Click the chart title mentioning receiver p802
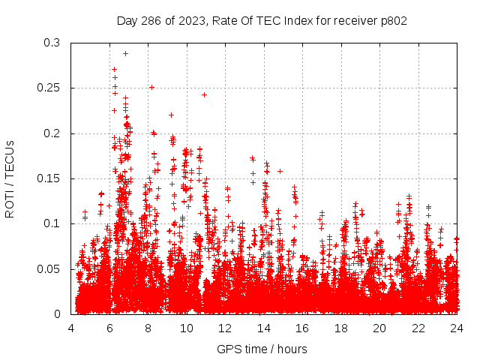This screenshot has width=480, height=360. pyautogui.click(x=262, y=20)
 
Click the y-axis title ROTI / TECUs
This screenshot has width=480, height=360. pyautogui.click(x=10, y=178)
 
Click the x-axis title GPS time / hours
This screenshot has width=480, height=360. pyautogui.click(x=262, y=349)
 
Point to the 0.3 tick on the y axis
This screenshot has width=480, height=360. pyautogui.click(x=51, y=43)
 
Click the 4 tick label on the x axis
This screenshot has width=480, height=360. pyautogui.click(x=71, y=328)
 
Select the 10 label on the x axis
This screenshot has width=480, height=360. pyautogui.click(x=187, y=328)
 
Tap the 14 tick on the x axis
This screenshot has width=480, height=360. pyautogui.click(x=264, y=328)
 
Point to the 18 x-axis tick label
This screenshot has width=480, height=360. pyautogui.click(x=341, y=328)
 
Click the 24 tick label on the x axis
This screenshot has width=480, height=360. pyautogui.click(x=457, y=328)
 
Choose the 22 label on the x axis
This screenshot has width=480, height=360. pyautogui.click(x=418, y=328)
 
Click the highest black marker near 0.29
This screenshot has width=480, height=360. pyautogui.click(x=125, y=53)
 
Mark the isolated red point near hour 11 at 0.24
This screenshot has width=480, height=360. pyautogui.click(x=204, y=94)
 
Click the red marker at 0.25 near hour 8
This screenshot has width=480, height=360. pyautogui.click(x=151, y=87)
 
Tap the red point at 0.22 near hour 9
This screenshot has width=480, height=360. pyautogui.click(x=171, y=115)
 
